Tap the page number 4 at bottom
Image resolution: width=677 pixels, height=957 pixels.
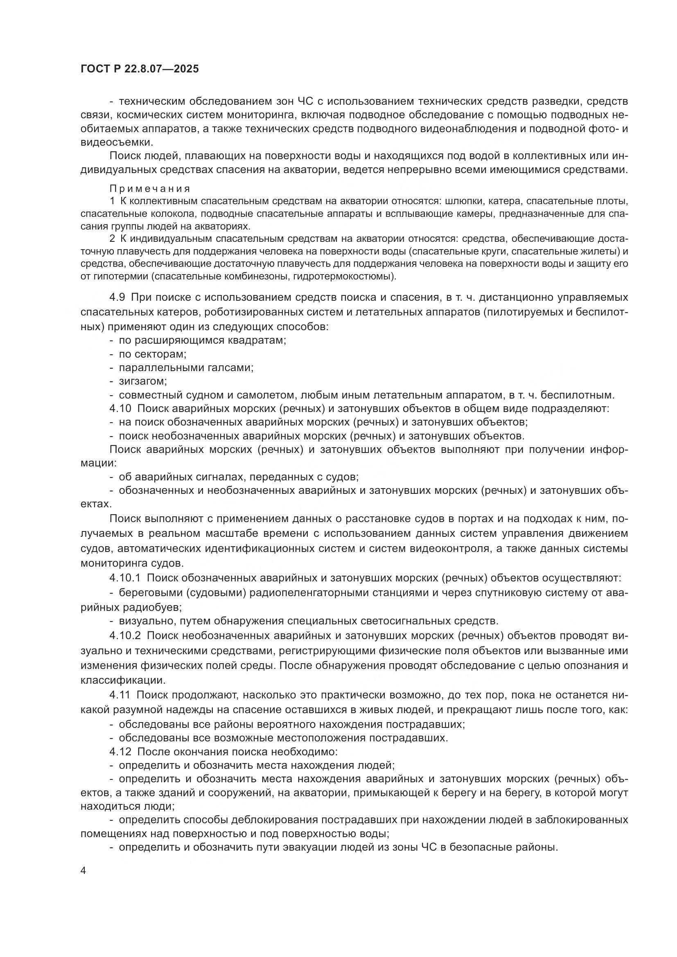(x=83, y=871)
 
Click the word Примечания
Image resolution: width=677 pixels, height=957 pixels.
(x=150, y=189)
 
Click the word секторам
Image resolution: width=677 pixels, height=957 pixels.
(x=161, y=354)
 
